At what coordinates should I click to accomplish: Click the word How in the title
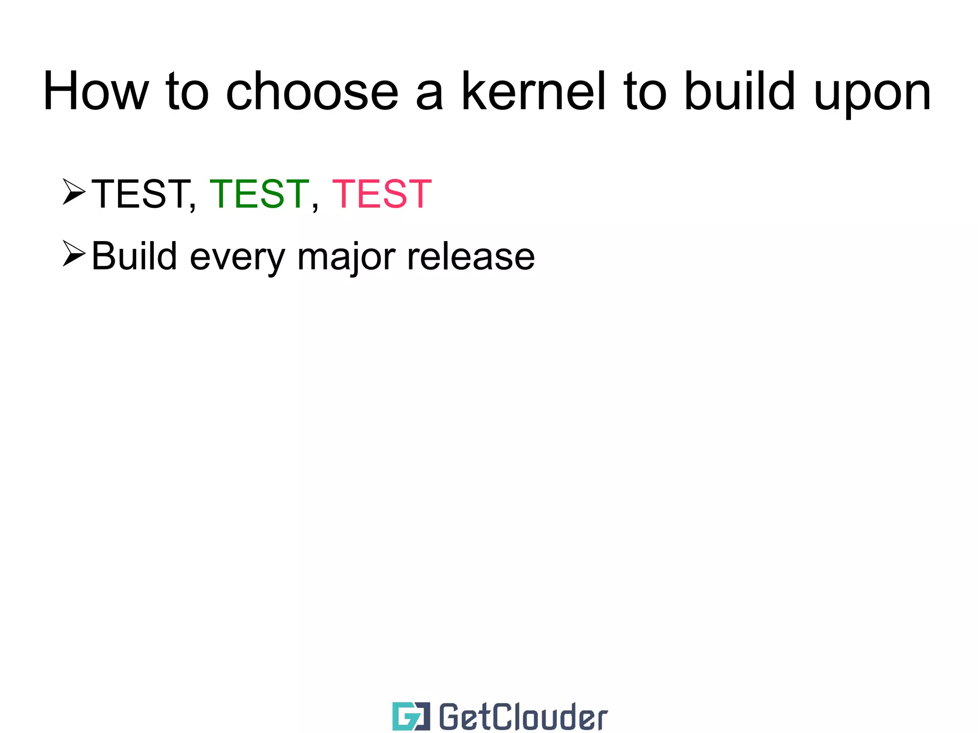tap(96, 91)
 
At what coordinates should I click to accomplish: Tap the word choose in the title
tap(312, 91)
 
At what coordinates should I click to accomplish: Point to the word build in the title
tap(740, 91)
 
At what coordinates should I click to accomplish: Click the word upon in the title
tap(872, 96)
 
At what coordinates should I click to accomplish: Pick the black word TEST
tap(140, 194)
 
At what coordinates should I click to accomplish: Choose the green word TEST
tap(259, 194)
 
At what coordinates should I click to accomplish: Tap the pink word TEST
tap(382, 194)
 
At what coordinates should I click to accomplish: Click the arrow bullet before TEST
tap(74, 192)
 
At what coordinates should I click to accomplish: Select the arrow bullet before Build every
tap(74, 254)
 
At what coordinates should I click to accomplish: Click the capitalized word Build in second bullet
tap(134, 256)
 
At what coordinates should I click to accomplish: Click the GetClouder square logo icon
tap(411, 716)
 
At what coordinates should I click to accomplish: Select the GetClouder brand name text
tap(523, 717)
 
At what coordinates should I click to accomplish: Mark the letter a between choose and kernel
tap(429, 96)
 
